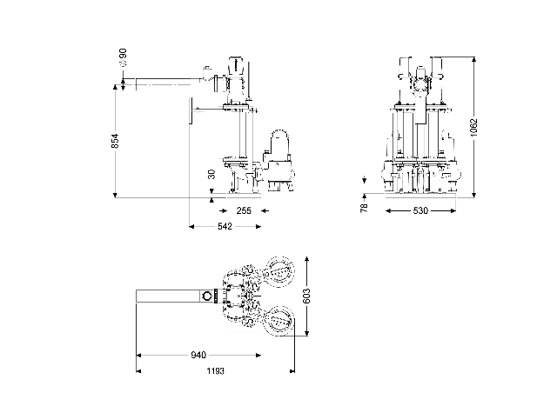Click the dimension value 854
[116, 141]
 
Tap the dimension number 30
[211, 174]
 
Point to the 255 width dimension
[245, 210]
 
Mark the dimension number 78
[365, 206]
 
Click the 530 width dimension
[420, 210]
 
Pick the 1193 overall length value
[215, 370]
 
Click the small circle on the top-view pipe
[206, 296]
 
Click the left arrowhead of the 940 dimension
[138, 355]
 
